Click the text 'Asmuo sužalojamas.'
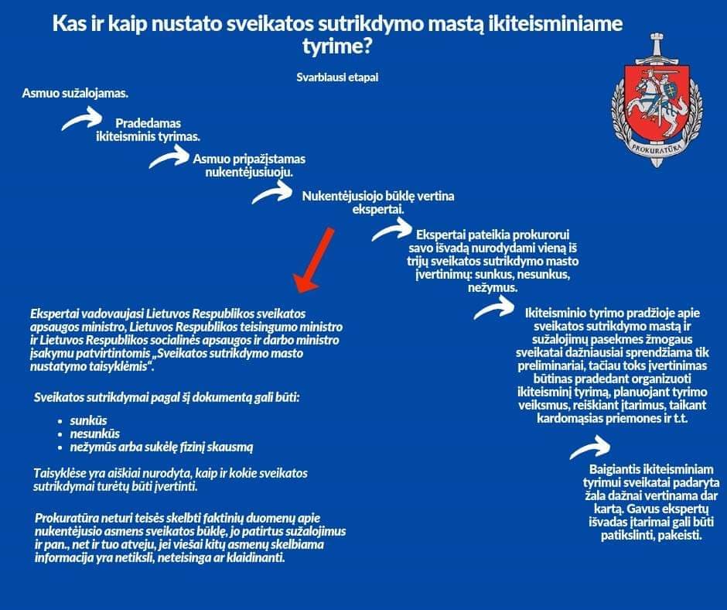(x=75, y=93)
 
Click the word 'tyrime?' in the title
(x=337, y=46)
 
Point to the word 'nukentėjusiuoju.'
(x=248, y=171)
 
